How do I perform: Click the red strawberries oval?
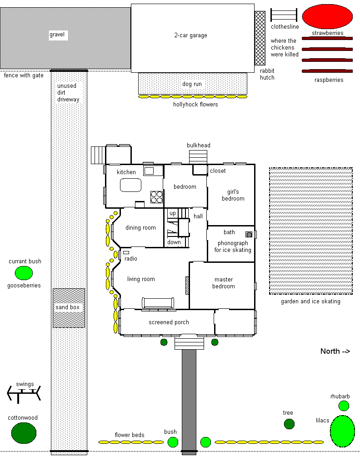[x=327, y=17]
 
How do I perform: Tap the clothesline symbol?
[x=284, y=15]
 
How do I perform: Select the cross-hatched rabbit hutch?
[x=260, y=38]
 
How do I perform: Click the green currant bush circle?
[x=24, y=273]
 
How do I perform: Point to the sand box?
[x=69, y=308]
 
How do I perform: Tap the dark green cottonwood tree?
[x=24, y=433]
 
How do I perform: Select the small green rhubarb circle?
[x=344, y=406]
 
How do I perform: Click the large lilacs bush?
[x=343, y=431]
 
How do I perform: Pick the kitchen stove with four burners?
[x=156, y=197]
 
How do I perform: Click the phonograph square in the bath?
[x=249, y=234]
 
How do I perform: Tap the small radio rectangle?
[x=126, y=252]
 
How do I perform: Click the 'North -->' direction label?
[x=335, y=351]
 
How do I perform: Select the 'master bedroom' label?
[x=224, y=283]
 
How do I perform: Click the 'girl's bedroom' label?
[x=233, y=195]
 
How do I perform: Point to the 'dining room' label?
[x=140, y=228]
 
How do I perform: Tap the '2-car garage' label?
[x=190, y=35]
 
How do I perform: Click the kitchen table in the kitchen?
[x=130, y=185]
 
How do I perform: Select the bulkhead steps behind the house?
[x=198, y=157]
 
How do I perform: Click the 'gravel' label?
[x=57, y=35]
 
